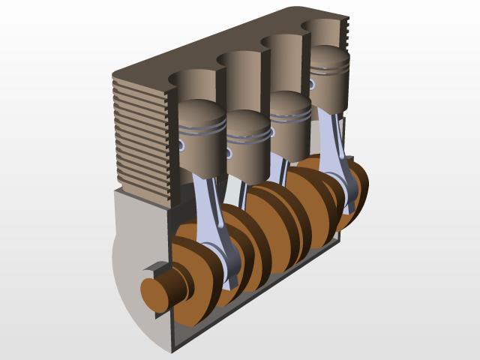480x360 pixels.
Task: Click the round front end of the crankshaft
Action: pos(157,288)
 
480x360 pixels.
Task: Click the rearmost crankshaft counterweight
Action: pos(352,187)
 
